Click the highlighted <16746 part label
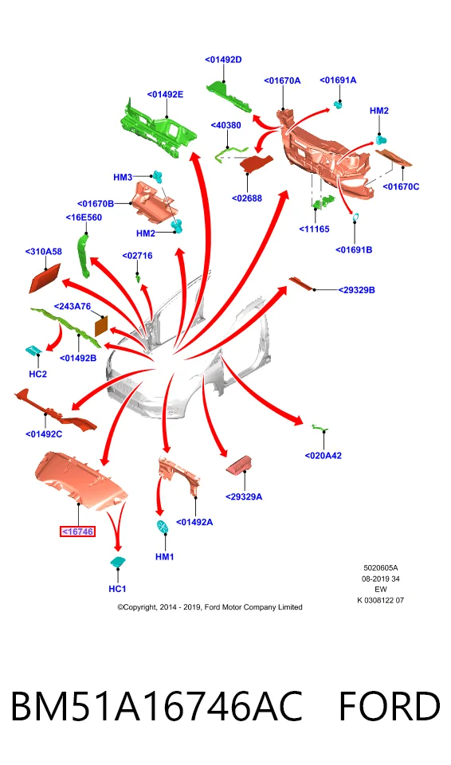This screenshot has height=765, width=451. [x=77, y=532]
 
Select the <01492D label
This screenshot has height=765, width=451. [x=224, y=60]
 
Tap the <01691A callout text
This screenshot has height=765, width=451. [x=338, y=80]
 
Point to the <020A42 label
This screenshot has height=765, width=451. [x=324, y=456]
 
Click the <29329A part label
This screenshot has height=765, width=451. [x=244, y=496]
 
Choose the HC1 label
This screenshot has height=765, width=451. [x=117, y=589]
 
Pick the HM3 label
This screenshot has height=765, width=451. [x=123, y=177]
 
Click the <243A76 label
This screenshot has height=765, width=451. [x=73, y=306]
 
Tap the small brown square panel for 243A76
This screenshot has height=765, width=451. [x=100, y=325]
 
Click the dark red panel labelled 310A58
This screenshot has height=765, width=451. [x=45, y=278]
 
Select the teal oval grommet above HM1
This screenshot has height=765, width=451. [x=163, y=527]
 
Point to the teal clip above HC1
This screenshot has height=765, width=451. [x=117, y=562]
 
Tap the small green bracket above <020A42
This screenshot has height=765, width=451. [x=320, y=428]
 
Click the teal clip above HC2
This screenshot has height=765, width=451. [x=33, y=350]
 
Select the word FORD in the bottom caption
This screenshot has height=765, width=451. [x=390, y=706]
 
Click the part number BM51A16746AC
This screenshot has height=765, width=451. [x=156, y=706]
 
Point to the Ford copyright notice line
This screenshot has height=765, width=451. [x=210, y=607]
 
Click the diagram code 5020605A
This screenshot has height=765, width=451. [x=381, y=568]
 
